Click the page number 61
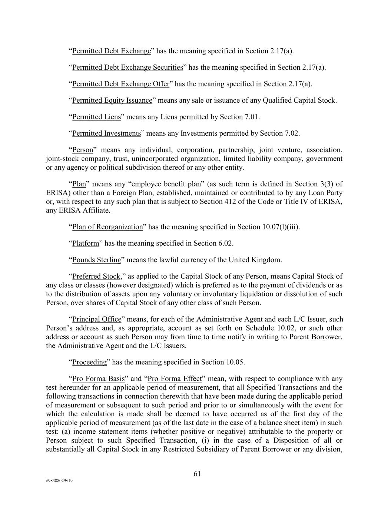(x=197, y=474)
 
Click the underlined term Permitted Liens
(x=96, y=117)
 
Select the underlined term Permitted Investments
(x=106, y=133)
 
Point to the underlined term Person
(x=83, y=150)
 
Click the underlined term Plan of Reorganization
(x=107, y=227)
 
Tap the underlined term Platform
(x=86, y=244)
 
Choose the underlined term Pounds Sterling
(x=97, y=260)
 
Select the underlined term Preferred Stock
(x=96, y=277)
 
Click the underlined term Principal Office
(x=97, y=319)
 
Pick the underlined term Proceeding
(x=89, y=362)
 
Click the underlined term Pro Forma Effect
(x=175, y=379)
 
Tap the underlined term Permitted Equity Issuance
(x=112, y=100)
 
